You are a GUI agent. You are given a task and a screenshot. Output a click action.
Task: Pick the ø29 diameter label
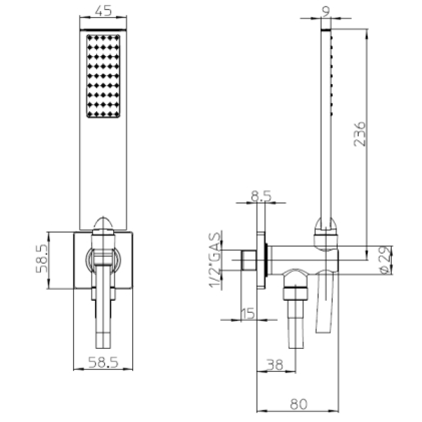click(385, 260)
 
